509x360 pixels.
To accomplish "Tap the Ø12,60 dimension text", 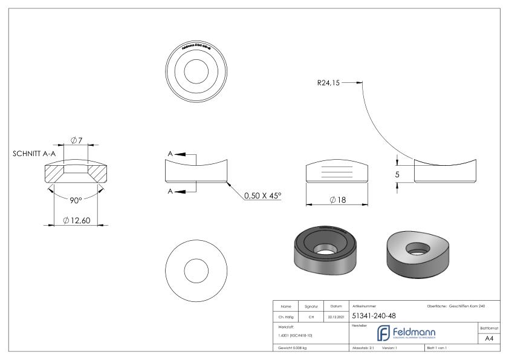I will pyautogui.click(x=77, y=220).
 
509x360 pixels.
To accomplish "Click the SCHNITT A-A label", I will pyautogui.click(x=34, y=154).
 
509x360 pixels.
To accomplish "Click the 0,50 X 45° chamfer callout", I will pyautogui.click(x=262, y=196).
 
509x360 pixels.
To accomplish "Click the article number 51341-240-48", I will pyautogui.click(x=374, y=315).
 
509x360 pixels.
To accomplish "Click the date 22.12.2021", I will pyautogui.click(x=336, y=315).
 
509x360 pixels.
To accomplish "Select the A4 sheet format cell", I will pyautogui.click(x=490, y=338).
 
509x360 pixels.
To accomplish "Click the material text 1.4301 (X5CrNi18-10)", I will pyautogui.click(x=296, y=335).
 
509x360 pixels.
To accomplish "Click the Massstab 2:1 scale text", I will pyautogui.click(x=365, y=349).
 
